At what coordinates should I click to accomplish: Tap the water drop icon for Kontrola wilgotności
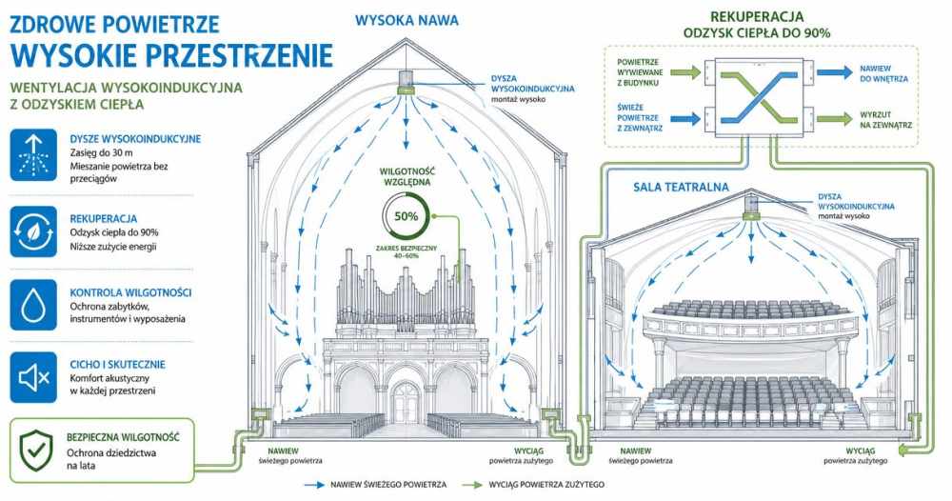coord(33,305)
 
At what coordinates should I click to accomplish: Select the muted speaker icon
coord(33,377)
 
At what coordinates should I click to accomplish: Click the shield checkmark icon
coord(36,451)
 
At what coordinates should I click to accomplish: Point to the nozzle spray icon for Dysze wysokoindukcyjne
coord(33,155)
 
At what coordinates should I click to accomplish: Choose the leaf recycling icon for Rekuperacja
coord(33,231)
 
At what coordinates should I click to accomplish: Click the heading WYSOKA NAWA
coord(407,21)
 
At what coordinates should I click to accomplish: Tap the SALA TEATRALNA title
coord(681,187)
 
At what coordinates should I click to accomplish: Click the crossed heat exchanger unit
coord(758,95)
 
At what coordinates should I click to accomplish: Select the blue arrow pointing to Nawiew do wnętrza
coord(834,73)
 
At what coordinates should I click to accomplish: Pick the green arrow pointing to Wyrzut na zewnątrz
coord(834,118)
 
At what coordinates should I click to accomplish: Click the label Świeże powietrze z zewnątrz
coord(640,118)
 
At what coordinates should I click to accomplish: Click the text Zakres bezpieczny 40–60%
coord(407,251)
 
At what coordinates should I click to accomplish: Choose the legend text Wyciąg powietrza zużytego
coord(546,485)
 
